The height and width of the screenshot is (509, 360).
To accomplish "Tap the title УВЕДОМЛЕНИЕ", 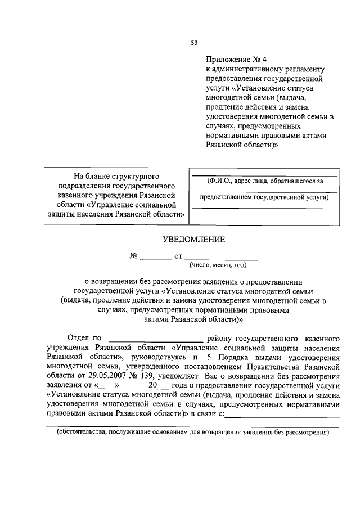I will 193,239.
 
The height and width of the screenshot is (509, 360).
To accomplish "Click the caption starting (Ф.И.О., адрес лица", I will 264,181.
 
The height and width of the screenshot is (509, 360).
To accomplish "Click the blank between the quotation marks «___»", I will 107,385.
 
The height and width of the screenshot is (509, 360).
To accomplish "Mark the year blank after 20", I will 163,385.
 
